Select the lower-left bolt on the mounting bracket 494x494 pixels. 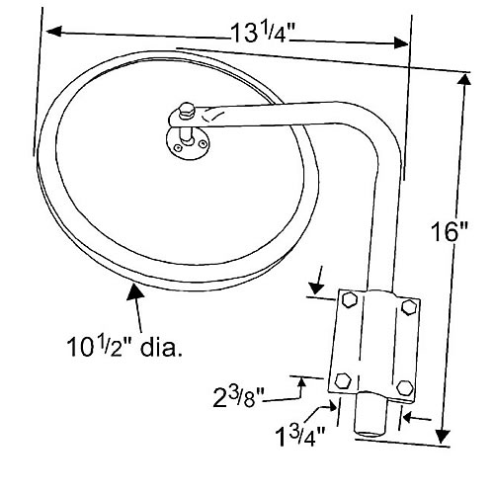pyautogui.click(x=343, y=379)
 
